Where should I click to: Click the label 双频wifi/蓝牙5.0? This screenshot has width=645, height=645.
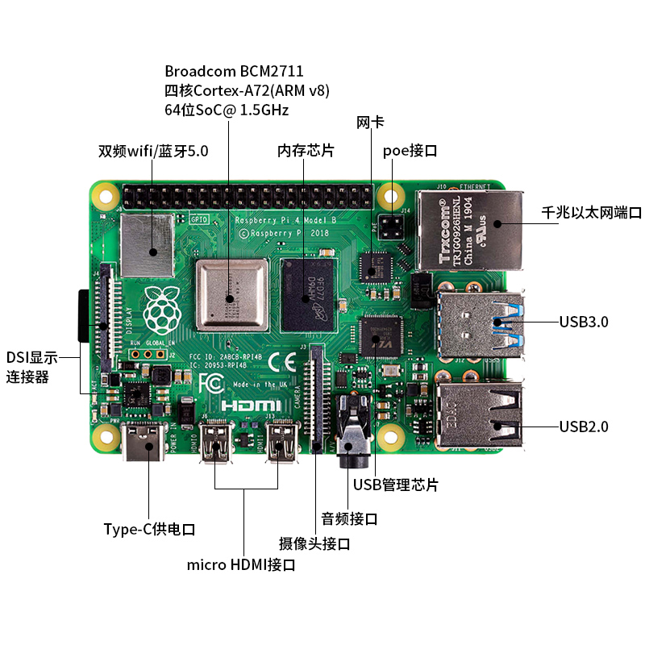pos(153,151)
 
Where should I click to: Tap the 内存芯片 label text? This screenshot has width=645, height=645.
pos(306,151)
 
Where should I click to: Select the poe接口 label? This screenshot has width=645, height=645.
pos(410,151)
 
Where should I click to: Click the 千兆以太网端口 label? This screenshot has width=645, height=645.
pos(592,213)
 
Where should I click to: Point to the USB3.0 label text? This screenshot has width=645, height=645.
pos(584,322)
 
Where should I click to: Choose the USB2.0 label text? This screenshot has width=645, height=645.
pos(584,427)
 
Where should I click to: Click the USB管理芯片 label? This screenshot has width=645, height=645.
pos(396,485)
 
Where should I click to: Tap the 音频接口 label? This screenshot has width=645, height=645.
pos(349,518)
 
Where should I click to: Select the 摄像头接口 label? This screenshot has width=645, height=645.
pos(314,544)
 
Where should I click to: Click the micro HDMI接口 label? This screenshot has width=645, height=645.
pos(241,565)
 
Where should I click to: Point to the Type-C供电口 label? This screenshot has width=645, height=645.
pos(150,530)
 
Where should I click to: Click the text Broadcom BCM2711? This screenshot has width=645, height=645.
pos(234,71)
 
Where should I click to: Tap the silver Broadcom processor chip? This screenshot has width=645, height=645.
pos(232,296)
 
